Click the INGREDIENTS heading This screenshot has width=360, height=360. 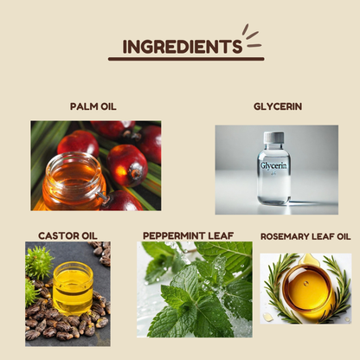click(183, 47)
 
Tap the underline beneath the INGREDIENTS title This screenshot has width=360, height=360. click(186, 59)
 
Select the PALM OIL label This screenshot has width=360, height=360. click(93, 106)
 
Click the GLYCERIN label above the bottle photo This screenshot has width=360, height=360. click(278, 106)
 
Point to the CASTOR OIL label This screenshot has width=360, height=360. click(67, 235)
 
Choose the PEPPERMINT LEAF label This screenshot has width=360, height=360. click(188, 235)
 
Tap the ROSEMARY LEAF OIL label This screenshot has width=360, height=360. click(305, 236)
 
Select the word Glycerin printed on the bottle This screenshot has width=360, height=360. click(273, 165)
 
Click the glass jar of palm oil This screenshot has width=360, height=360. click(74, 182)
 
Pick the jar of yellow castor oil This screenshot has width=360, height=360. click(73, 288)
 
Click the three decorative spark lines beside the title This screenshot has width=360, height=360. click(252, 36)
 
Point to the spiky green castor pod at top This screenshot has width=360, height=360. click(39, 262)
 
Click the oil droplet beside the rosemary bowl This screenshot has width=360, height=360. click(268, 318)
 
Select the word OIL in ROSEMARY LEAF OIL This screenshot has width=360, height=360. click(344, 236)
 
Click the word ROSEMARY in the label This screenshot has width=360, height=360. click(281, 236)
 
